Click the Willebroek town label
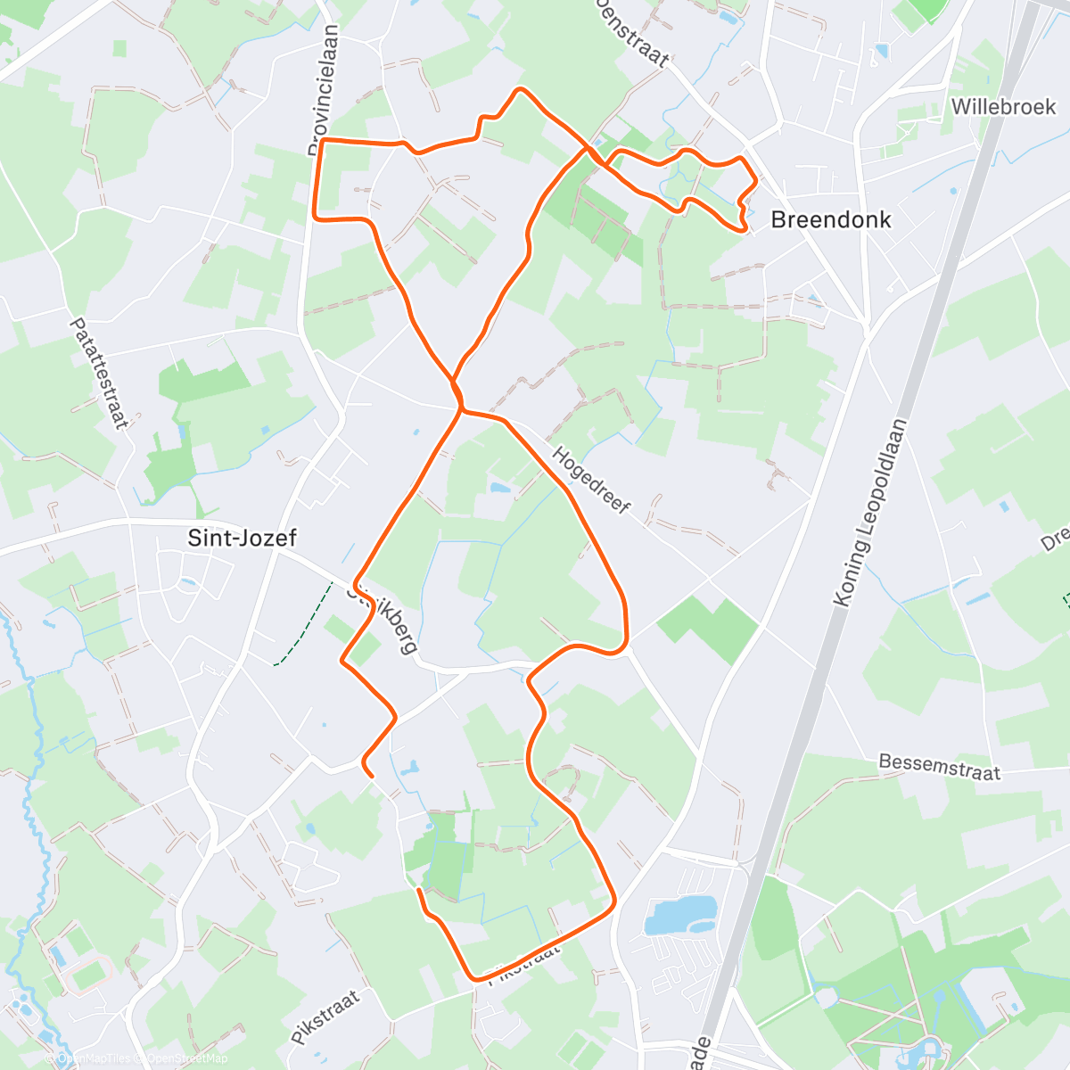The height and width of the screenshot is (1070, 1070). [1002, 107]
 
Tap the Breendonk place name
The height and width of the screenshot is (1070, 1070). [830, 219]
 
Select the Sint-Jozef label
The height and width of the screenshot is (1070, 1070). [242, 538]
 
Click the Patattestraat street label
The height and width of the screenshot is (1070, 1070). [98, 374]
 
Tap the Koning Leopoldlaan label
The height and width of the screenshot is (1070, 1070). [868, 514]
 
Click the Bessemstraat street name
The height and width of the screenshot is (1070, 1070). [939, 767]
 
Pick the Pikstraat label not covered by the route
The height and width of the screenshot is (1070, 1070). [325, 1017]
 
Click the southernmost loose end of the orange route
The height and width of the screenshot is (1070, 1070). [418, 889]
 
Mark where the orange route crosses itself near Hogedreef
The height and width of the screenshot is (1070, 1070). [460, 407]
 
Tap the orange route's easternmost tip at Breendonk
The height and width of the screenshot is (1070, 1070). [757, 181]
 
